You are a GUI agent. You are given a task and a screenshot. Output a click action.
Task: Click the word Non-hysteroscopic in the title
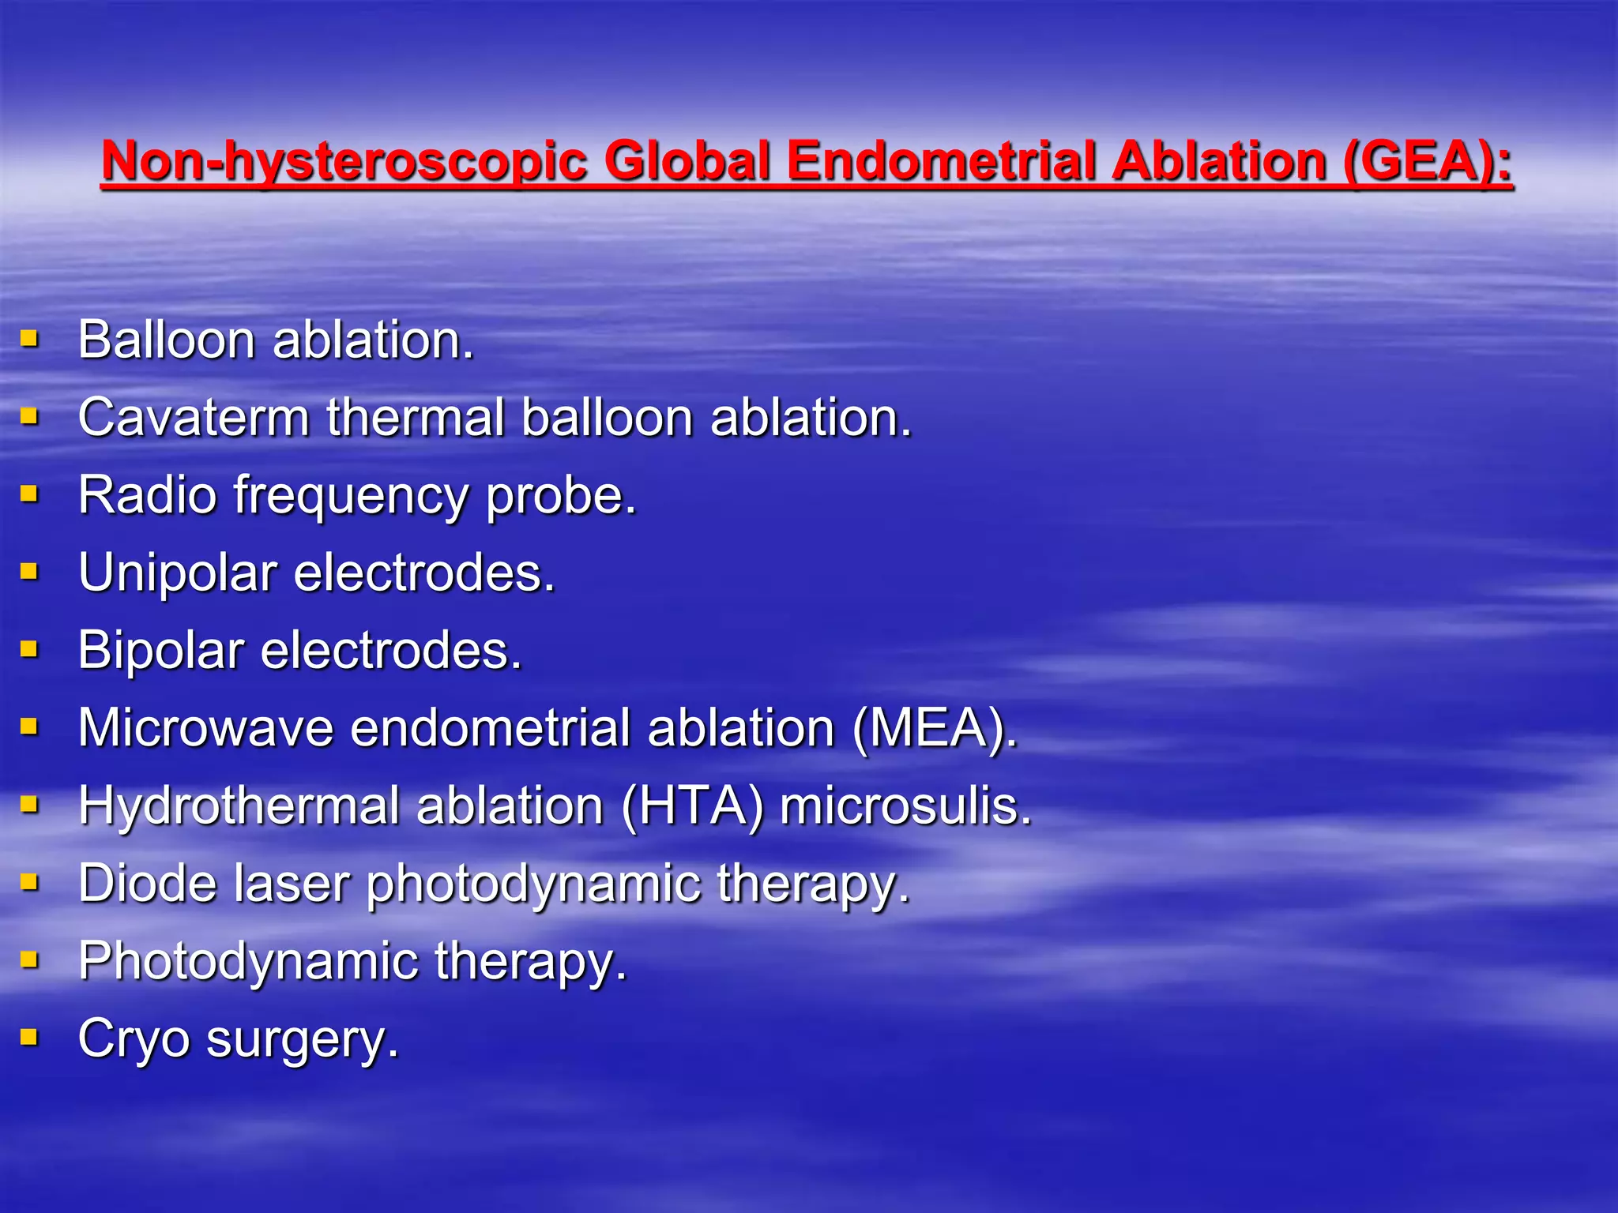click(x=344, y=162)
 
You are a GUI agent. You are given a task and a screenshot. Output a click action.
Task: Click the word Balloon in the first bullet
click(x=167, y=340)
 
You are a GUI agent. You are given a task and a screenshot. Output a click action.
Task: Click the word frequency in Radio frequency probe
click(x=351, y=497)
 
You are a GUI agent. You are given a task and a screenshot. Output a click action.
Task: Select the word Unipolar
click(x=178, y=573)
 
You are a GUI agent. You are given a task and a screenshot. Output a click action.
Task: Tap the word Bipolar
click(x=161, y=651)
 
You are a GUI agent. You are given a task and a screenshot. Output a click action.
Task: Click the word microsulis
click(x=905, y=806)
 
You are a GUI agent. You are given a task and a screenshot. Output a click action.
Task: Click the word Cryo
click(x=134, y=1038)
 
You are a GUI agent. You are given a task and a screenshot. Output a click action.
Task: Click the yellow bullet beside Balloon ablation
click(x=29, y=340)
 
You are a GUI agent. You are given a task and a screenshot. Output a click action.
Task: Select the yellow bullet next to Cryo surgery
click(x=29, y=1037)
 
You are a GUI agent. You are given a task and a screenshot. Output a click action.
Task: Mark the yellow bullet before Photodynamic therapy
click(x=29, y=960)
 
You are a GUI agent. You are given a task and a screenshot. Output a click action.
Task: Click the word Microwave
click(x=205, y=728)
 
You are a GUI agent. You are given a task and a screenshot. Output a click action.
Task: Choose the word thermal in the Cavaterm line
click(x=416, y=418)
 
